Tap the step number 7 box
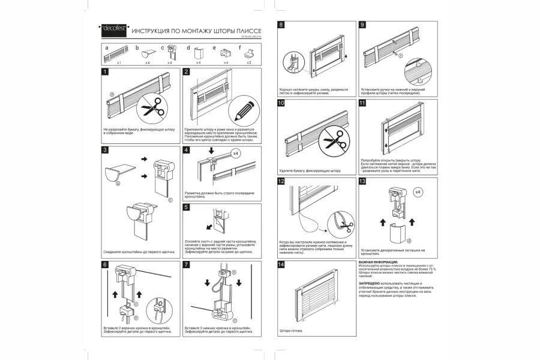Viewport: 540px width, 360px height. click(x=187, y=264)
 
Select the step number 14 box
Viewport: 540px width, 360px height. click(x=281, y=264)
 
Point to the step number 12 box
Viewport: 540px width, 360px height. click(x=281, y=181)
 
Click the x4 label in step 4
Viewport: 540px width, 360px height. click(x=236, y=154)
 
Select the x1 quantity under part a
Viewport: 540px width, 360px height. click(x=119, y=62)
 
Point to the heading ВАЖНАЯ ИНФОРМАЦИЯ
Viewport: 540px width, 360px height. click(x=379, y=262)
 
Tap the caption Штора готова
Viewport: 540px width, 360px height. click(x=292, y=331)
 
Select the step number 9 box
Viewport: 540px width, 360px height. click(x=362, y=25)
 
